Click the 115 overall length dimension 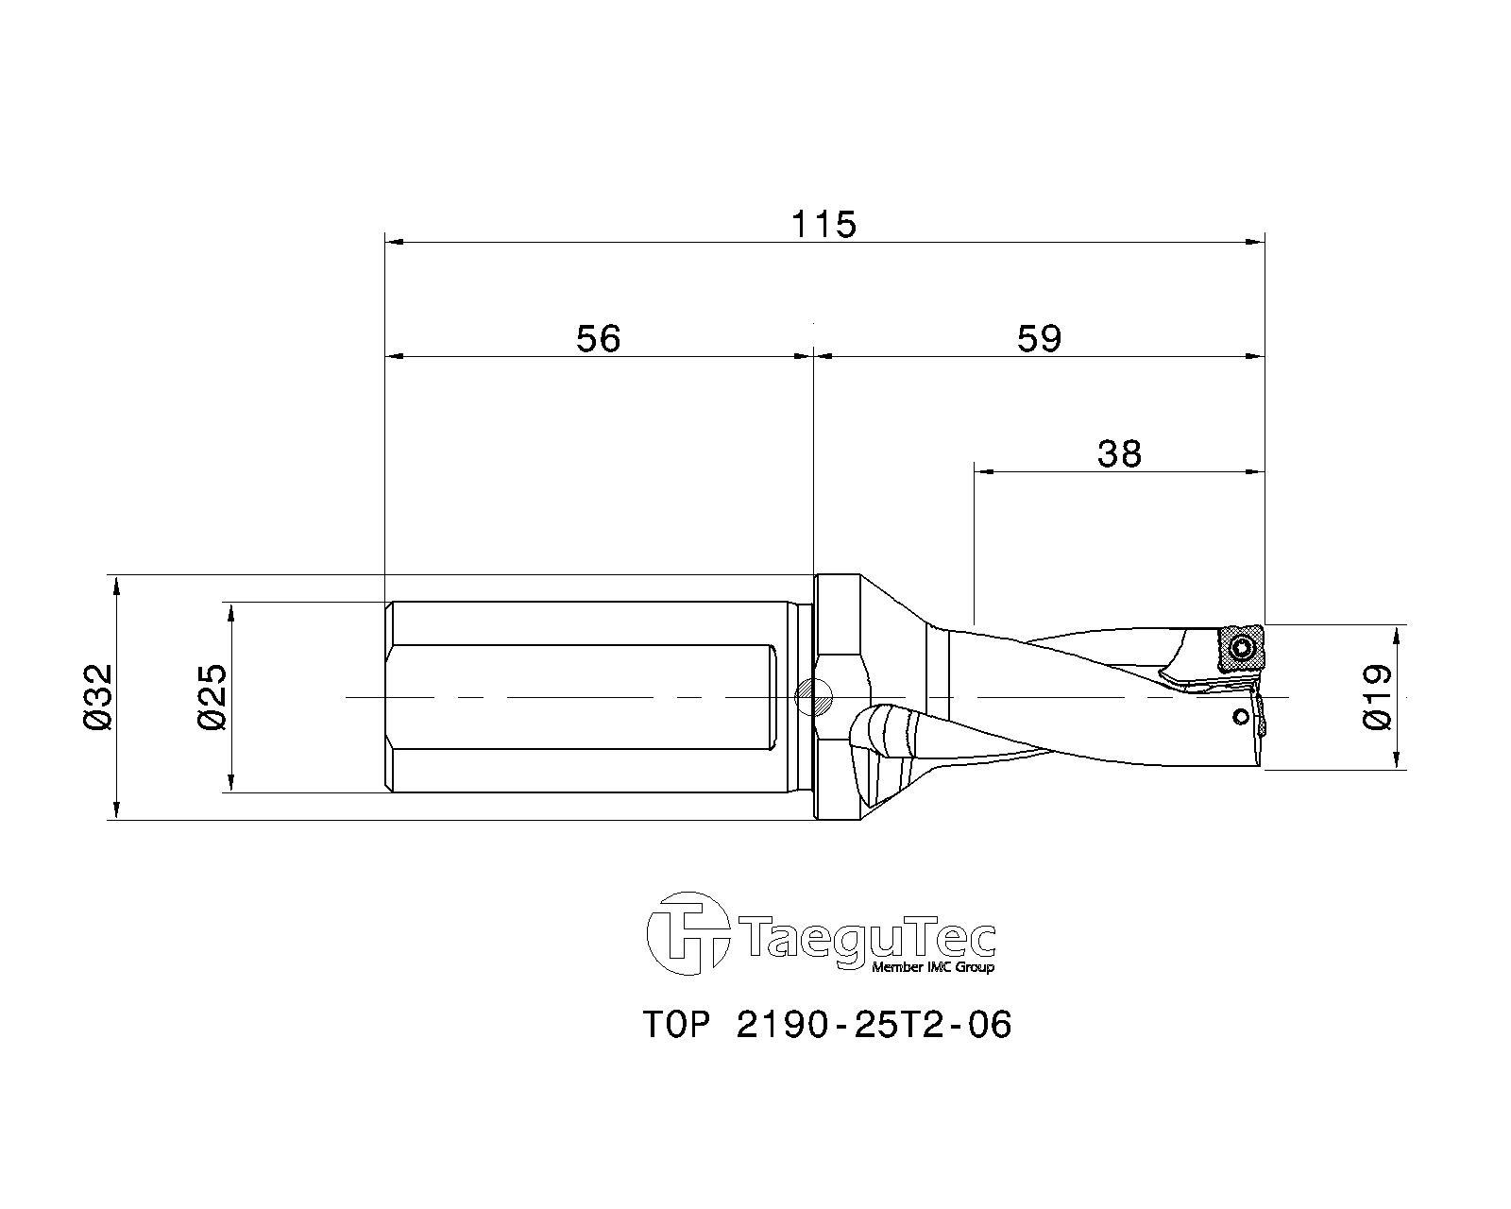tap(823, 225)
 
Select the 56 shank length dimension tap(598, 338)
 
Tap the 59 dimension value tap(1039, 338)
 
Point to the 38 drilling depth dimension tap(1119, 453)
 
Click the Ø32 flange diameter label tap(98, 697)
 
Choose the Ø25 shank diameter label tap(212, 697)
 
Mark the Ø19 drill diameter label tap(1377, 697)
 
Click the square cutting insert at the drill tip tap(1241, 648)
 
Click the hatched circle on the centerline tap(812, 698)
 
